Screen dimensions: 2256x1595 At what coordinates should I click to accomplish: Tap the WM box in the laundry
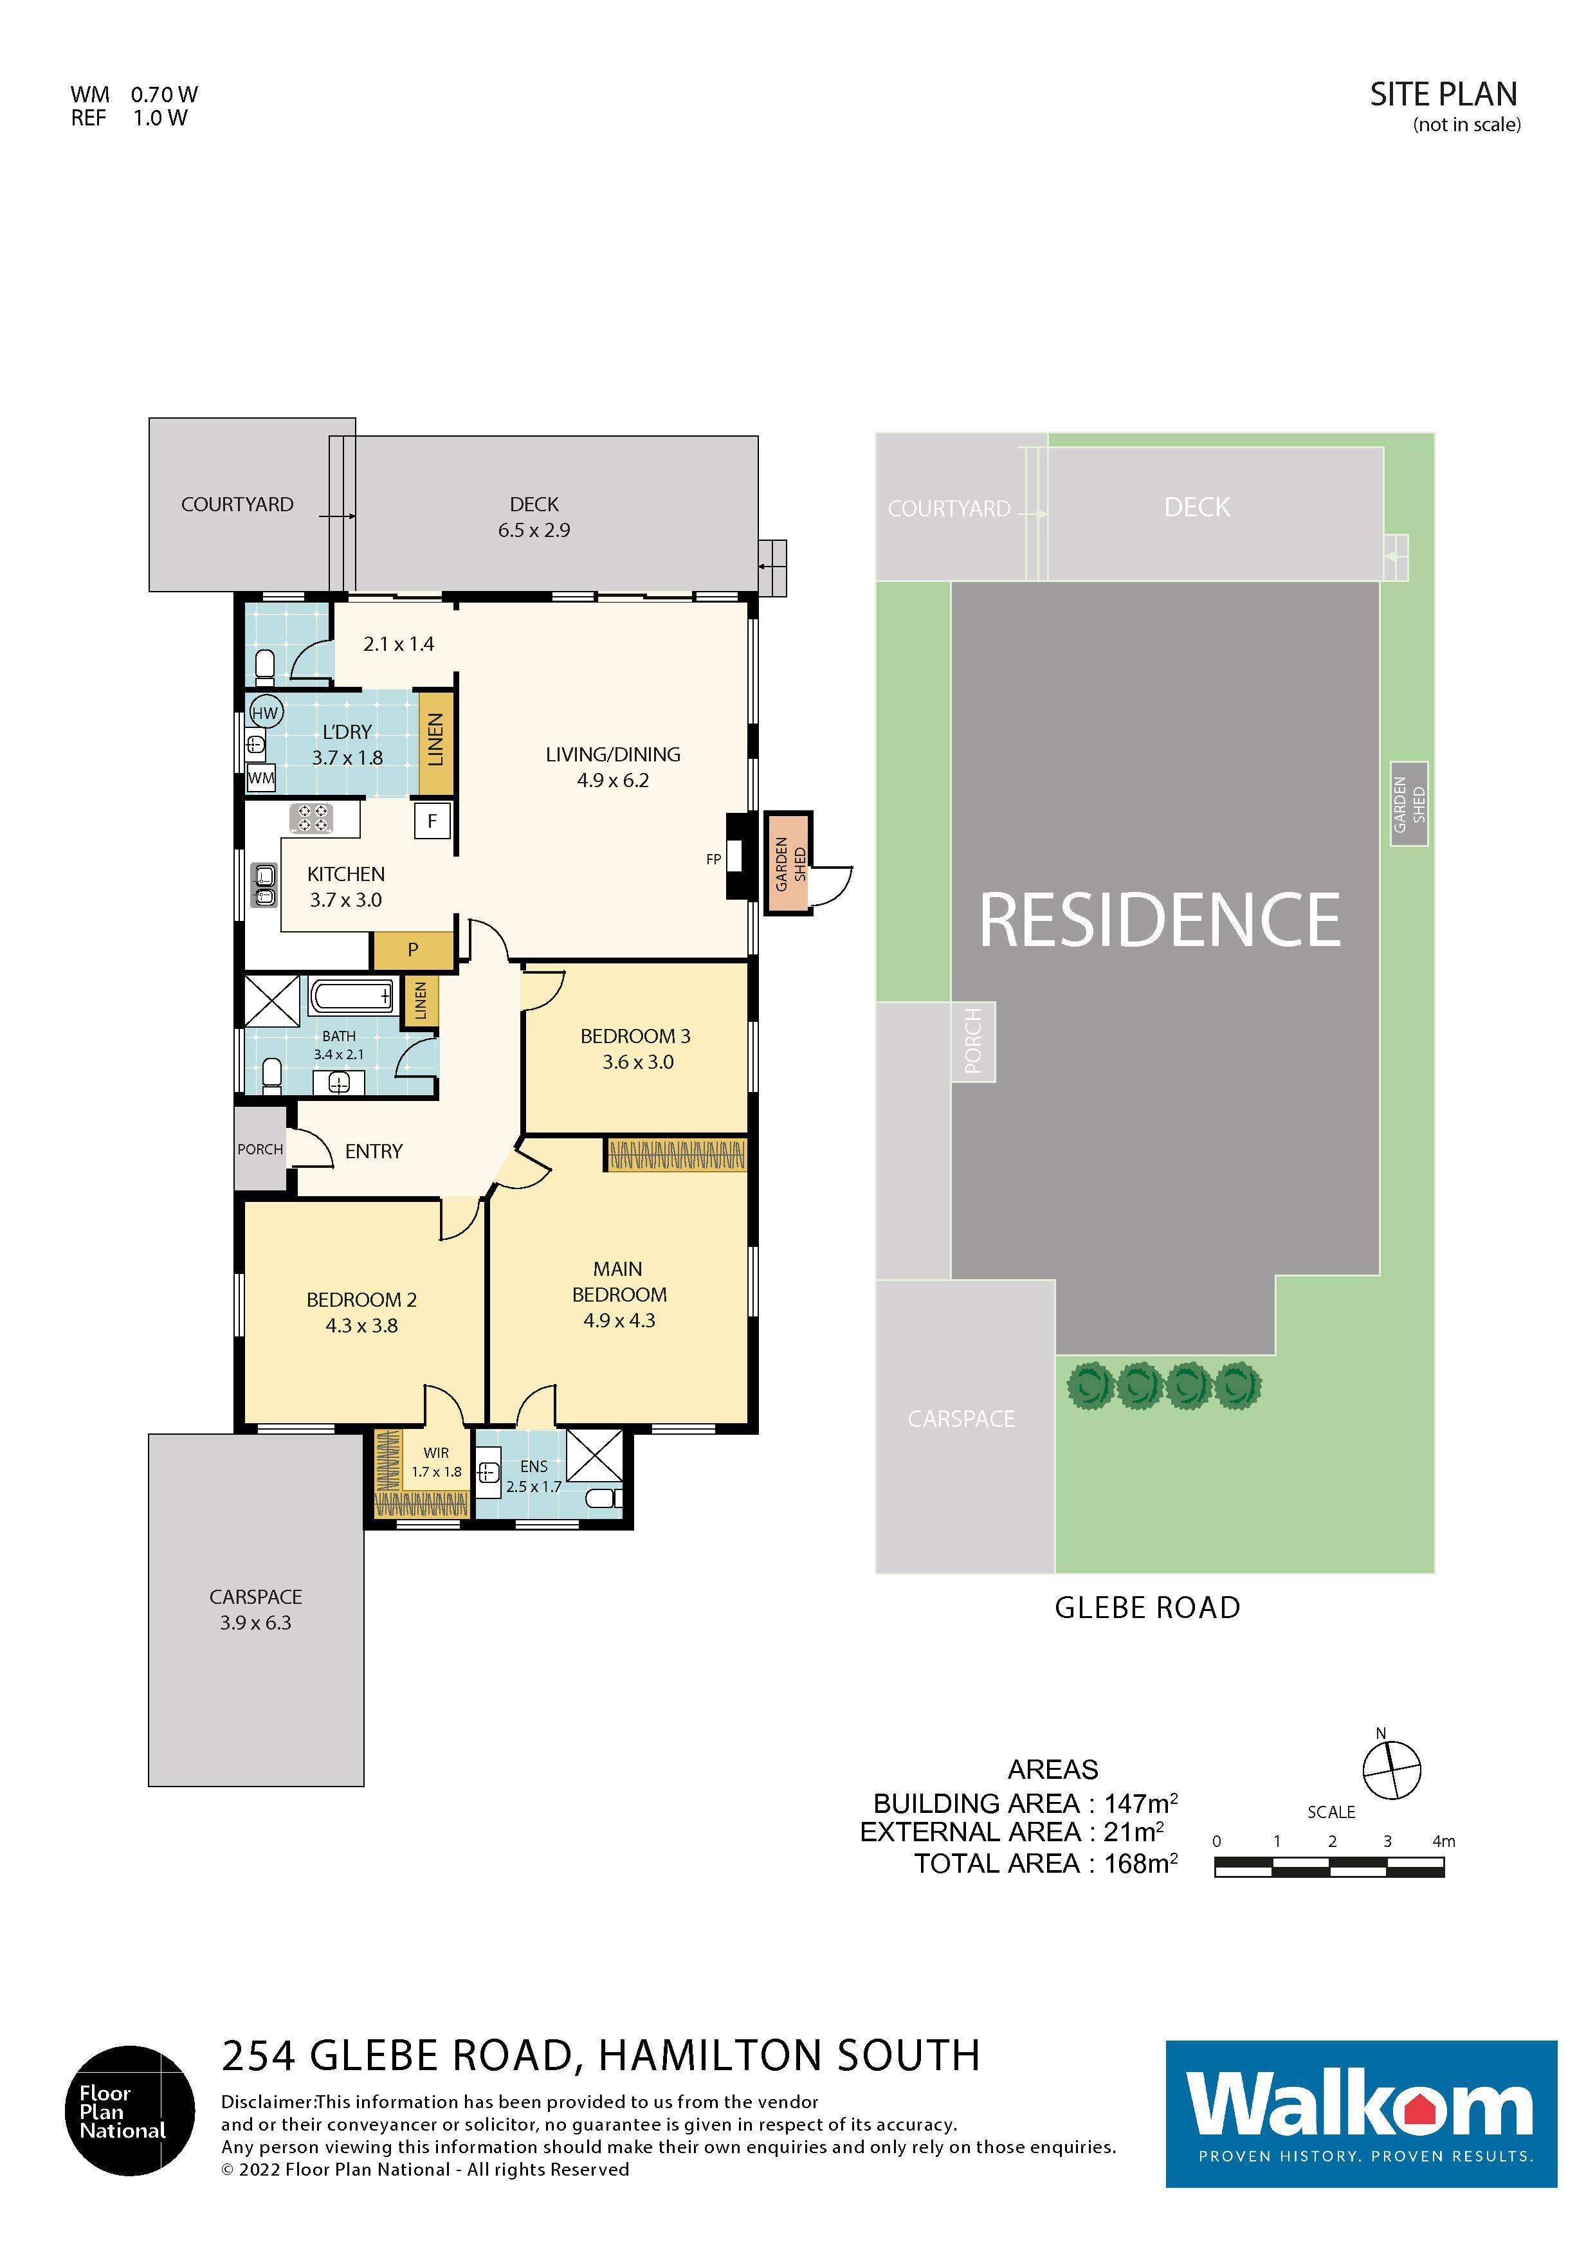(261, 778)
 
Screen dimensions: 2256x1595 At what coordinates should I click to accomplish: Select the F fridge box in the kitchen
(432, 821)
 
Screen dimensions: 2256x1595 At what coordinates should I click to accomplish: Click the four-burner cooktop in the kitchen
(311, 819)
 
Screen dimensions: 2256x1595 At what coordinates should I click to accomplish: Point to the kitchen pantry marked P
(413, 949)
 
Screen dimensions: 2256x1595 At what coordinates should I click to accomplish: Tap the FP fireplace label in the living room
(713, 859)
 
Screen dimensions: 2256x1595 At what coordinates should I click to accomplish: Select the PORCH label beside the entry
(259, 1149)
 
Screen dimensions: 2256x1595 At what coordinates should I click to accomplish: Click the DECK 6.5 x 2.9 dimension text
(534, 530)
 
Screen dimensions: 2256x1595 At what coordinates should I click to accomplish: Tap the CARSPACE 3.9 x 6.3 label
(255, 1610)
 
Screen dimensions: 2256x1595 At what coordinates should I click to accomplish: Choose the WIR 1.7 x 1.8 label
(436, 1462)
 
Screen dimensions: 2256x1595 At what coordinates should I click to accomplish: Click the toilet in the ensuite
(601, 1498)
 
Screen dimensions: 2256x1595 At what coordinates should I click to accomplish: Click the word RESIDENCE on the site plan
(1160, 921)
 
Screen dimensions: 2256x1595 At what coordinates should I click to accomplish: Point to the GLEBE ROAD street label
(1147, 1608)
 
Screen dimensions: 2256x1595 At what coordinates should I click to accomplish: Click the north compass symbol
(1392, 1769)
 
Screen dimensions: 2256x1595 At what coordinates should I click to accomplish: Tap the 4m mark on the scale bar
(1443, 1841)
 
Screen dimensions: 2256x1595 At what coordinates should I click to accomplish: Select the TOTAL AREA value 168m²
(1141, 1863)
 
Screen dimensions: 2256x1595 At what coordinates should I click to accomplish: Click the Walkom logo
(1361, 2113)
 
